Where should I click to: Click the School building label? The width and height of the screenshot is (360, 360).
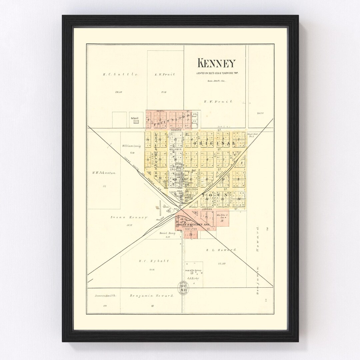coord(134,118)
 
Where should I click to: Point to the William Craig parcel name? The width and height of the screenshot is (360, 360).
coord(132,146)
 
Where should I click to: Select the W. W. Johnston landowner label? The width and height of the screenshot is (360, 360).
coord(104,173)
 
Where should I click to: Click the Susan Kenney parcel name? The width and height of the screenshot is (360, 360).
coord(129,217)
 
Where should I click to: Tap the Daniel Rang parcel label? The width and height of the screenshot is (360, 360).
coord(167,233)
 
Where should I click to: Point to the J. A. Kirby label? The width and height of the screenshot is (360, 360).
coord(193,278)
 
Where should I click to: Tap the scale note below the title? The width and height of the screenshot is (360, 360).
coord(216,81)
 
